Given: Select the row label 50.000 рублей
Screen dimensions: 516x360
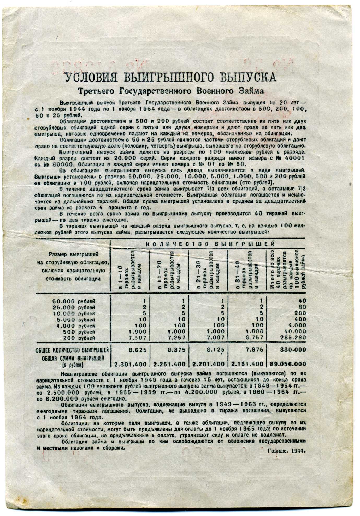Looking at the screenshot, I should (x=74, y=301).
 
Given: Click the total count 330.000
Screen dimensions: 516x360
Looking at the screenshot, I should (x=293, y=350).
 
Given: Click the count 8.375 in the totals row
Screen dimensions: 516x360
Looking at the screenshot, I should (x=176, y=350).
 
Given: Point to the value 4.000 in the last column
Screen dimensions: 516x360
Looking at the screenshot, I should (x=297, y=325).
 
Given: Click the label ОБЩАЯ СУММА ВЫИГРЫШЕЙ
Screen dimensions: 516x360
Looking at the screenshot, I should (x=73, y=358).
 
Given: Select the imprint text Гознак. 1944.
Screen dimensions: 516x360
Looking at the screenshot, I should (x=286, y=451).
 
